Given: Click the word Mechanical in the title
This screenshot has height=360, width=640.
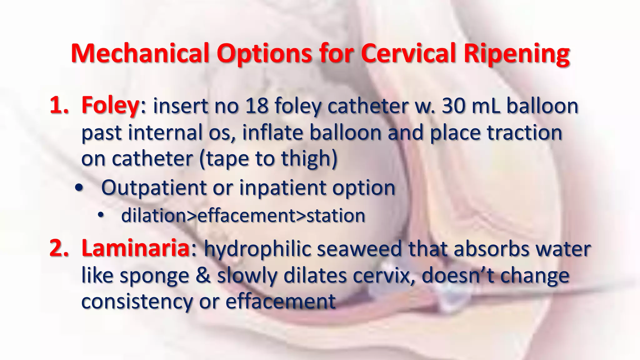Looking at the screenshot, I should click(140, 53).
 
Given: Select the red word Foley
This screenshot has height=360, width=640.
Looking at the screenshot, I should click(110, 106).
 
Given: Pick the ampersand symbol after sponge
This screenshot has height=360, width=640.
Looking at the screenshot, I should click(203, 276).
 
